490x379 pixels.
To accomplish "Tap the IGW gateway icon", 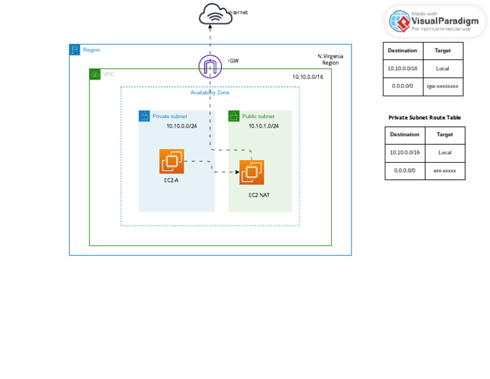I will coord(210,66).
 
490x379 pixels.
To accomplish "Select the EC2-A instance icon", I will coord(172,161).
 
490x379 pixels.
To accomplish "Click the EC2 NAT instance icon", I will coord(251,172).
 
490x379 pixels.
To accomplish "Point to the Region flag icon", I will coord(75,50).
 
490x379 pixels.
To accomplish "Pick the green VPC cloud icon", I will coord(95,74).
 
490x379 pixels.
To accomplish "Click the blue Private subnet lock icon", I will coord(144,116).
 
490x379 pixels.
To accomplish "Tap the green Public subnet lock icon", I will coord(234,116).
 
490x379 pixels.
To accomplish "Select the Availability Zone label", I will coord(209,93).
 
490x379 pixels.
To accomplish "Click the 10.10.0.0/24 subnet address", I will coord(181,126).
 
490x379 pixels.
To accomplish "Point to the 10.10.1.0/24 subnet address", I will coord(264,126).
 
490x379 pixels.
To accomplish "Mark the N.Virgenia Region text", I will coord(330,59).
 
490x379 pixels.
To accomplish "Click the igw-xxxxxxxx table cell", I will coord(443,86).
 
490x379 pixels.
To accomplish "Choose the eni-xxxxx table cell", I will coord(445,170).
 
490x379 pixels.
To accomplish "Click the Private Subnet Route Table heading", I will coord(424,117).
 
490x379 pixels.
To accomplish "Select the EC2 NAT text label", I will coord(258,195).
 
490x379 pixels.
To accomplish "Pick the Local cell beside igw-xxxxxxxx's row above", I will coord(443,68).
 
